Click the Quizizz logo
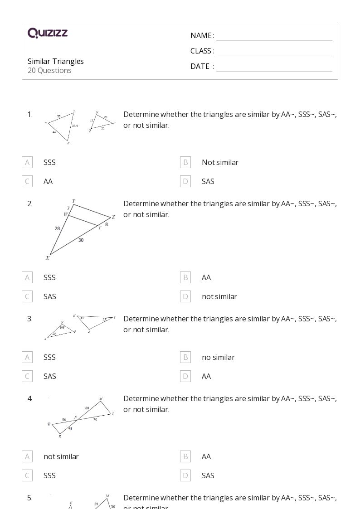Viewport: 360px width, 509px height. click(48, 33)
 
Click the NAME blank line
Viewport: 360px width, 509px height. click(274, 36)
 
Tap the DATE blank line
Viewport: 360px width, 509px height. click(274, 67)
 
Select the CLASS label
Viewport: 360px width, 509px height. click(202, 51)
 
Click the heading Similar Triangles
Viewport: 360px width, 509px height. click(56, 61)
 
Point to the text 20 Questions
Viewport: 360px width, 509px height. click(49, 70)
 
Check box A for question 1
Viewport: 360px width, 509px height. click(27, 162)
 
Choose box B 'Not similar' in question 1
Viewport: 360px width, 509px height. click(185, 162)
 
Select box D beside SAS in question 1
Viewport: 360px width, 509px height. click(185, 181)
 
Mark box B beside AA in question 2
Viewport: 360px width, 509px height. click(185, 277)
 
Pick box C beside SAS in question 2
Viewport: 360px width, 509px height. click(27, 296)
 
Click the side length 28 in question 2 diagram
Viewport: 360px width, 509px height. click(58, 228)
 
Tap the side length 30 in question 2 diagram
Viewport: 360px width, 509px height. click(81, 240)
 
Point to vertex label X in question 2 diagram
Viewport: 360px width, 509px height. click(47, 258)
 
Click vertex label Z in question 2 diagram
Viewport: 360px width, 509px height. click(113, 217)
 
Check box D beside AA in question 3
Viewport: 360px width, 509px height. click(185, 376)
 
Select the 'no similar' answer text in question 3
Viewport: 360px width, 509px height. click(218, 357)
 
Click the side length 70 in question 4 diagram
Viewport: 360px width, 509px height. click(95, 420)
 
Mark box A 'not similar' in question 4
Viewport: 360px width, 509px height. click(27, 456)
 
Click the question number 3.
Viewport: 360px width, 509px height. click(30, 319)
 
